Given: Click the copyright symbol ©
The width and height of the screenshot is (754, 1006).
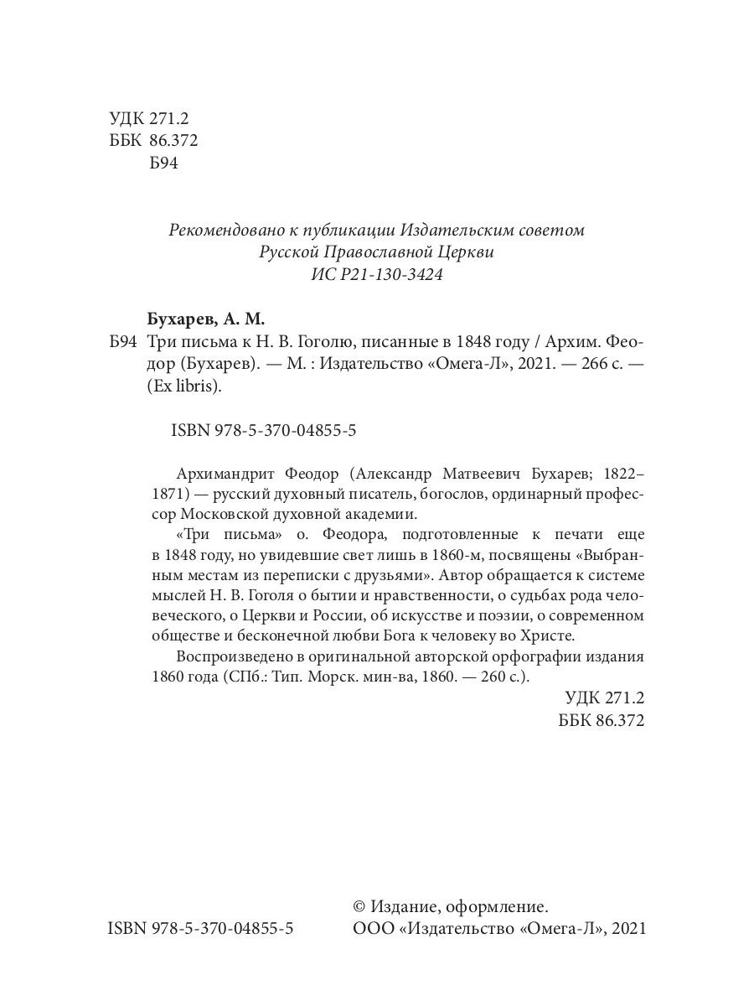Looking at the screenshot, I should coord(360,906).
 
